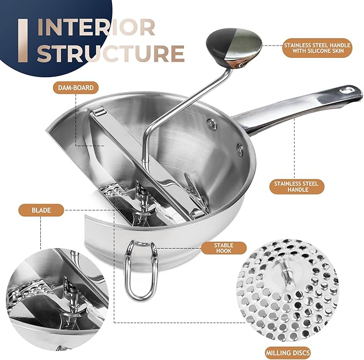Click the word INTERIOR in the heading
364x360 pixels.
click(97, 27)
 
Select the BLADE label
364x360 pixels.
click(41, 211)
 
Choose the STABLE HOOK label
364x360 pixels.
click(224, 247)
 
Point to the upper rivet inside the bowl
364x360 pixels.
click(213, 124)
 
